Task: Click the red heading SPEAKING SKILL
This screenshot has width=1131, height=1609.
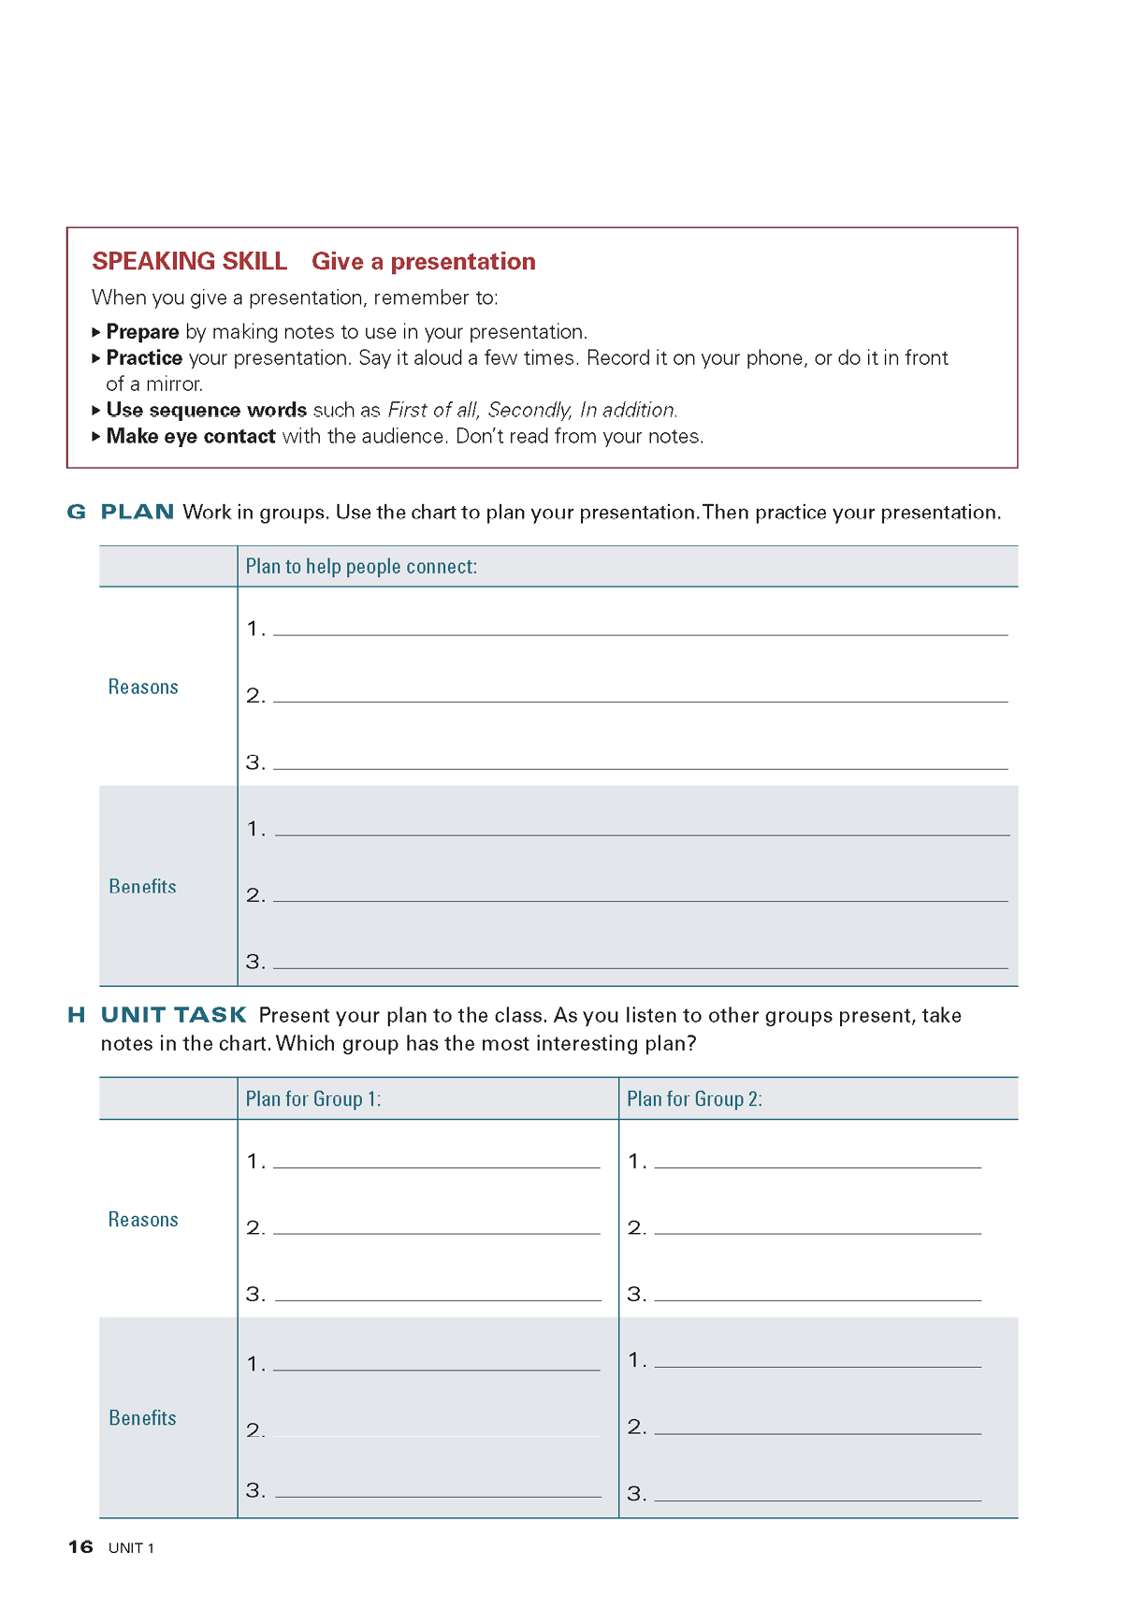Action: [x=189, y=261]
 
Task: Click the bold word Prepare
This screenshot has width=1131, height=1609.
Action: [x=142, y=332]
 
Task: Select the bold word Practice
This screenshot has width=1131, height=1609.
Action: [x=144, y=358]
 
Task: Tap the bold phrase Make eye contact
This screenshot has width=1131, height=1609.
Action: [x=191, y=437]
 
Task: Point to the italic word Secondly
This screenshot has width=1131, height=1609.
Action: [x=529, y=411]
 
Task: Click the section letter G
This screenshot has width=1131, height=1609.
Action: [x=76, y=513]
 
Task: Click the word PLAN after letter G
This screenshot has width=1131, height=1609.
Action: [x=138, y=513]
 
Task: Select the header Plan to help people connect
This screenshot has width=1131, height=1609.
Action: [x=361, y=567]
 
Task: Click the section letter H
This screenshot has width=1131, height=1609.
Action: [x=76, y=1016]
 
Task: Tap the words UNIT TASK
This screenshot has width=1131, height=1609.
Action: [x=174, y=1016]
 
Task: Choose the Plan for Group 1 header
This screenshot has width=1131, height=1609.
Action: [x=312, y=1099]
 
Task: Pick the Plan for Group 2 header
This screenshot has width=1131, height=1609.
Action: [x=694, y=1099]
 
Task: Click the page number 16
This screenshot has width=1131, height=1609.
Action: [x=80, y=1547]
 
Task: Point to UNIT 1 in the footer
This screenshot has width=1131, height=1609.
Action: [x=131, y=1548]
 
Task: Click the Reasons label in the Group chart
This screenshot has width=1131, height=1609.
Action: [x=143, y=1220]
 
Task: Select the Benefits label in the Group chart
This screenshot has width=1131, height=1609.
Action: [x=142, y=1418]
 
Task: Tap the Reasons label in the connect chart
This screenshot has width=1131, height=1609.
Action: [x=143, y=688]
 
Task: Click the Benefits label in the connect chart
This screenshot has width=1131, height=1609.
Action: [x=142, y=887]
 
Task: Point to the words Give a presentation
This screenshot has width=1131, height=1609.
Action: [x=423, y=261]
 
